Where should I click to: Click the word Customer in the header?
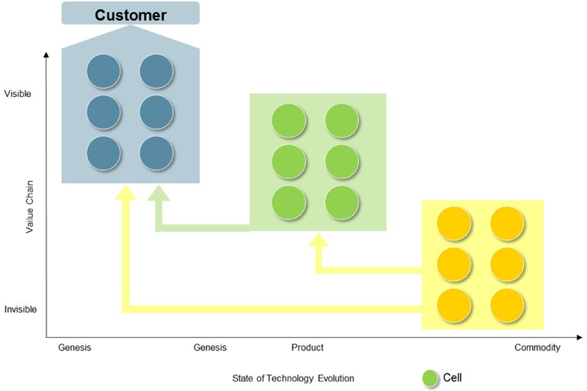tap(131, 15)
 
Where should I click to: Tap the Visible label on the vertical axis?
tap(18, 94)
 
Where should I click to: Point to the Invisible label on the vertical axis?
tap(21, 310)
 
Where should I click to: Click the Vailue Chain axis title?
tap(29, 207)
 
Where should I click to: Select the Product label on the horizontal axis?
tap(307, 348)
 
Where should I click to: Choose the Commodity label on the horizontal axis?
tap(537, 348)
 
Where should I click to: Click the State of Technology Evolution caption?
tap(293, 379)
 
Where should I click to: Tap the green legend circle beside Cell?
tap(430, 378)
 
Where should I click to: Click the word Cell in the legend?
tap(452, 378)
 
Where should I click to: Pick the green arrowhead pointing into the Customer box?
tap(158, 193)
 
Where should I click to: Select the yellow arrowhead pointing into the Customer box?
tap(125, 192)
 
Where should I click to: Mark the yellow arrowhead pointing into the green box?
tap(318, 240)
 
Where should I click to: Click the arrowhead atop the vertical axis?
tap(46, 55)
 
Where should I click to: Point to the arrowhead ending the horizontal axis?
tap(580, 337)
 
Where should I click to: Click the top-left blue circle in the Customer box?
tap(103, 71)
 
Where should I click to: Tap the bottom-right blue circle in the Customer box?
tap(156, 153)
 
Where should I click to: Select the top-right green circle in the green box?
tap(342, 120)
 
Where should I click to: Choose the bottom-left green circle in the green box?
tap(288, 202)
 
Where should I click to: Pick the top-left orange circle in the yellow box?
tap(454, 223)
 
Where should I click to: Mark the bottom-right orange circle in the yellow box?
tap(507, 305)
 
